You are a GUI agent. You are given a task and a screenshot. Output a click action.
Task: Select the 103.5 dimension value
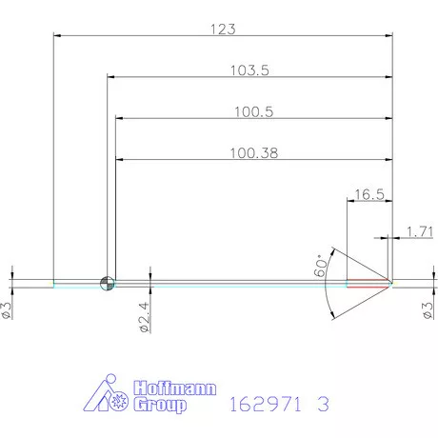(x=251, y=70)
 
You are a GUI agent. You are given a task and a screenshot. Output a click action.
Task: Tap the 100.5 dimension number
(x=253, y=111)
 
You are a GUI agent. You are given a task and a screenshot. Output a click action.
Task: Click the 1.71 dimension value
(x=419, y=231)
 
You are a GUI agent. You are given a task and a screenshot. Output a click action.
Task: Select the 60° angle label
(x=323, y=266)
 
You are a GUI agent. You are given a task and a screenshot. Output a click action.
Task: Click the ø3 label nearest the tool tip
(x=428, y=310)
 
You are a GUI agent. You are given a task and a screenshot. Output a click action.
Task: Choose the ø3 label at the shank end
(x=7, y=310)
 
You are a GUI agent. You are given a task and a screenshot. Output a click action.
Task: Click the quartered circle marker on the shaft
(x=107, y=282)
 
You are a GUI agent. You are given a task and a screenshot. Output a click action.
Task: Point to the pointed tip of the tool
(x=392, y=282)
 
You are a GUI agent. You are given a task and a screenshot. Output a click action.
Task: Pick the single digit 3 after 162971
(x=324, y=404)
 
